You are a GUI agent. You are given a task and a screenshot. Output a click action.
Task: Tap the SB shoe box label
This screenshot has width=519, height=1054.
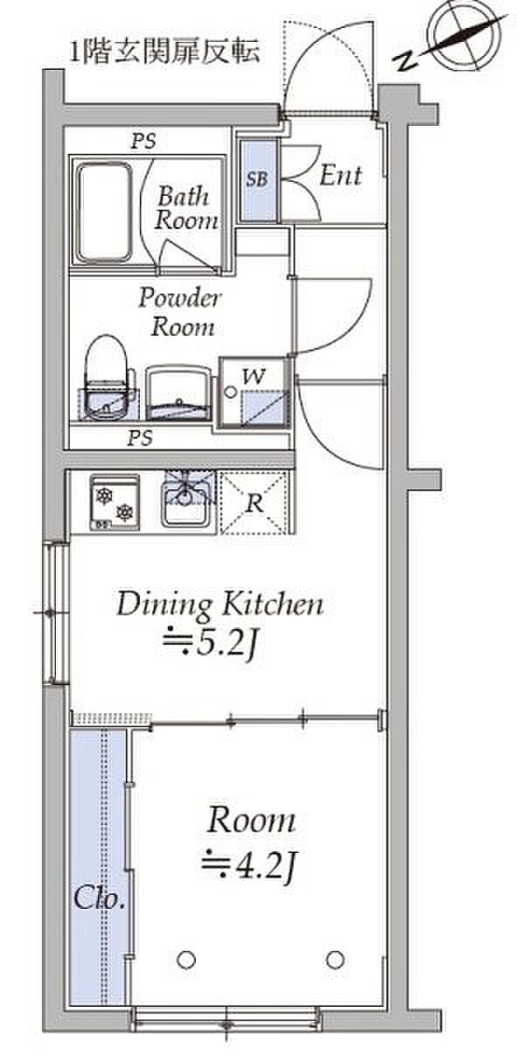(257, 179)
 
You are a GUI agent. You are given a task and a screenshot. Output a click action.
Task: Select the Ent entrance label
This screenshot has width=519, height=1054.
(341, 176)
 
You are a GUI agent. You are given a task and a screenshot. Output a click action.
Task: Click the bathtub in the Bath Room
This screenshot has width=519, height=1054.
(105, 212)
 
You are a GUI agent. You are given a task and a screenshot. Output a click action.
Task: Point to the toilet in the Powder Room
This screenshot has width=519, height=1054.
(107, 378)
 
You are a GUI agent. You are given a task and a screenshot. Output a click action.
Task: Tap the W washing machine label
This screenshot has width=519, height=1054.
(253, 376)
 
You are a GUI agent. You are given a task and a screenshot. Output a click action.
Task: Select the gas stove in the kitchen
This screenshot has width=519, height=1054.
(114, 503)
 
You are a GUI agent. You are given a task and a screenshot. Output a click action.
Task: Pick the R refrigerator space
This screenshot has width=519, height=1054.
(254, 503)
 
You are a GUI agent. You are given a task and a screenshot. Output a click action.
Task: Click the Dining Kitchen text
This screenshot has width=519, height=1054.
(219, 605)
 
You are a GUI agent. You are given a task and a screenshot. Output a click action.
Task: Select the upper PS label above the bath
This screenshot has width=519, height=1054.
(143, 141)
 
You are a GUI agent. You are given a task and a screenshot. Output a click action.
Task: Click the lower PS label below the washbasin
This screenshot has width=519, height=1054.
(141, 438)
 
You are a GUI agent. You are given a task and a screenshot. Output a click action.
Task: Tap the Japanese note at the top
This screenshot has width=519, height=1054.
(164, 52)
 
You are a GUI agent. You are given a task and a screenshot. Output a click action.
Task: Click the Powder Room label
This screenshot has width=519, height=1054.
(180, 312)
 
